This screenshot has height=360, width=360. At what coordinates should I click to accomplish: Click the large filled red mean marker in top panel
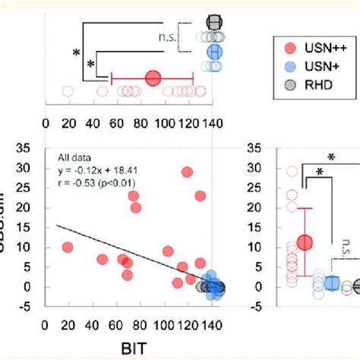pyautogui.click(x=153, y=77)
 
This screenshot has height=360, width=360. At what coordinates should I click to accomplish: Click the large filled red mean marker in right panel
pyautogui.click(x=305, y=242)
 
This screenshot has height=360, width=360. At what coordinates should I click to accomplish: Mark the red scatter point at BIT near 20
pyautogui.click(x=68, y=248)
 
